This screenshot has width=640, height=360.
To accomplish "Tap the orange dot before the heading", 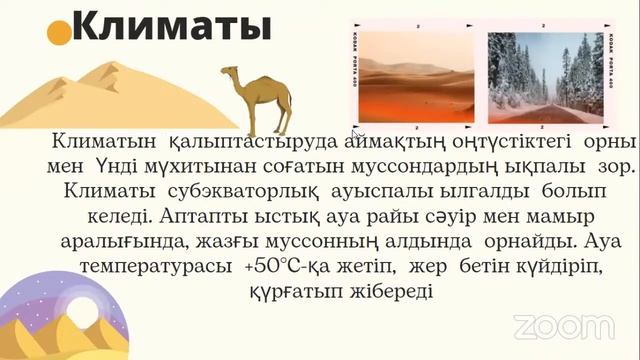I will tap(60, 34).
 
